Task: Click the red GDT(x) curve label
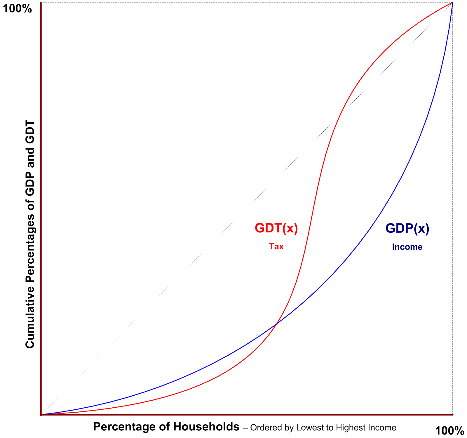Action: click(x=276, y=228)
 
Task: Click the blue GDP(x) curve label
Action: click(x=407, y=228)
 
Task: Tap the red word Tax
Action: click(x=276, y=246)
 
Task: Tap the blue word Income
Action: click(x=407, y=247)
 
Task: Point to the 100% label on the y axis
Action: click(x=17, y=9)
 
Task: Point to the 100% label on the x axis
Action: click(x=449, y=431)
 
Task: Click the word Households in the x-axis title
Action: click(x=206, y=427)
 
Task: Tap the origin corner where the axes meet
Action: click(x=41, y=414)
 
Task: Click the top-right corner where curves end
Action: click(x=452, y=3)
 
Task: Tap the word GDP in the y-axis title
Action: click(x=30, y=185)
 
